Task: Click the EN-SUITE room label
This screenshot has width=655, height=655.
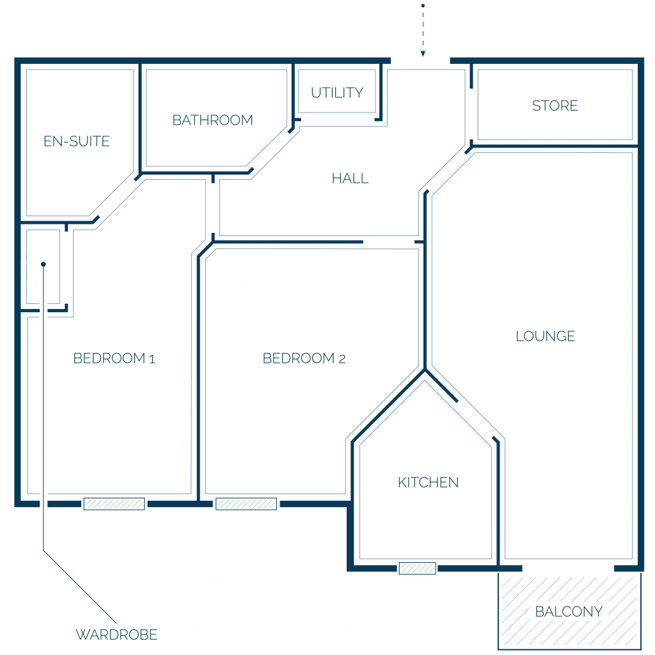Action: (x=77, y=141)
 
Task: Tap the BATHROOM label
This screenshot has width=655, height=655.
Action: (x=212, y=120)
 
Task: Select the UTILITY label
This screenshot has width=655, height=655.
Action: (x=337, y=93)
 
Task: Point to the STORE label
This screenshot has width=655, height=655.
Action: (x=555, y=106)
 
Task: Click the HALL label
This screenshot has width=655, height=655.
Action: (x=350, y=178)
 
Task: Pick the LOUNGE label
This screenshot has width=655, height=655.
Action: (x=545, y=336)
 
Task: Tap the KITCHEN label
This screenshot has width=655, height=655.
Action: (x=428, y=482)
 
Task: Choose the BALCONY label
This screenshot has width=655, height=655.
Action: (x=569, y=612)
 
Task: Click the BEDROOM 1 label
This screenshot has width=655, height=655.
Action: (x=114, y=358)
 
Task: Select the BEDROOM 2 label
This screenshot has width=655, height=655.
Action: (x=304, y=358)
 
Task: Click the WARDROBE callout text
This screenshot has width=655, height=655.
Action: (x=116, y=635)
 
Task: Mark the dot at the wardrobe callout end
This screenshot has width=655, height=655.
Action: (x=43, y=264)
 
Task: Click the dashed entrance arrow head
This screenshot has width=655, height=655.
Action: (x=423, y=54)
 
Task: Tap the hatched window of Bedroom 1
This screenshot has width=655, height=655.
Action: (x=114, y=504)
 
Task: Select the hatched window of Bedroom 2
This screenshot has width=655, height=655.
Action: (x=246, y=504)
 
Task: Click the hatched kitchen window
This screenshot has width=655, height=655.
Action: (x=417, y=568)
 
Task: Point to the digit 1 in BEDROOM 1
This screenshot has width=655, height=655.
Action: (x=152, y=359)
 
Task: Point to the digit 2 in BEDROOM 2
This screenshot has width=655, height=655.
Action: (x=342, y=359)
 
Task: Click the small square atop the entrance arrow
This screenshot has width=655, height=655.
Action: (x=423, y=5)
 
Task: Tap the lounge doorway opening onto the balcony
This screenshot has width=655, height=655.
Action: (x=568, y=568)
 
